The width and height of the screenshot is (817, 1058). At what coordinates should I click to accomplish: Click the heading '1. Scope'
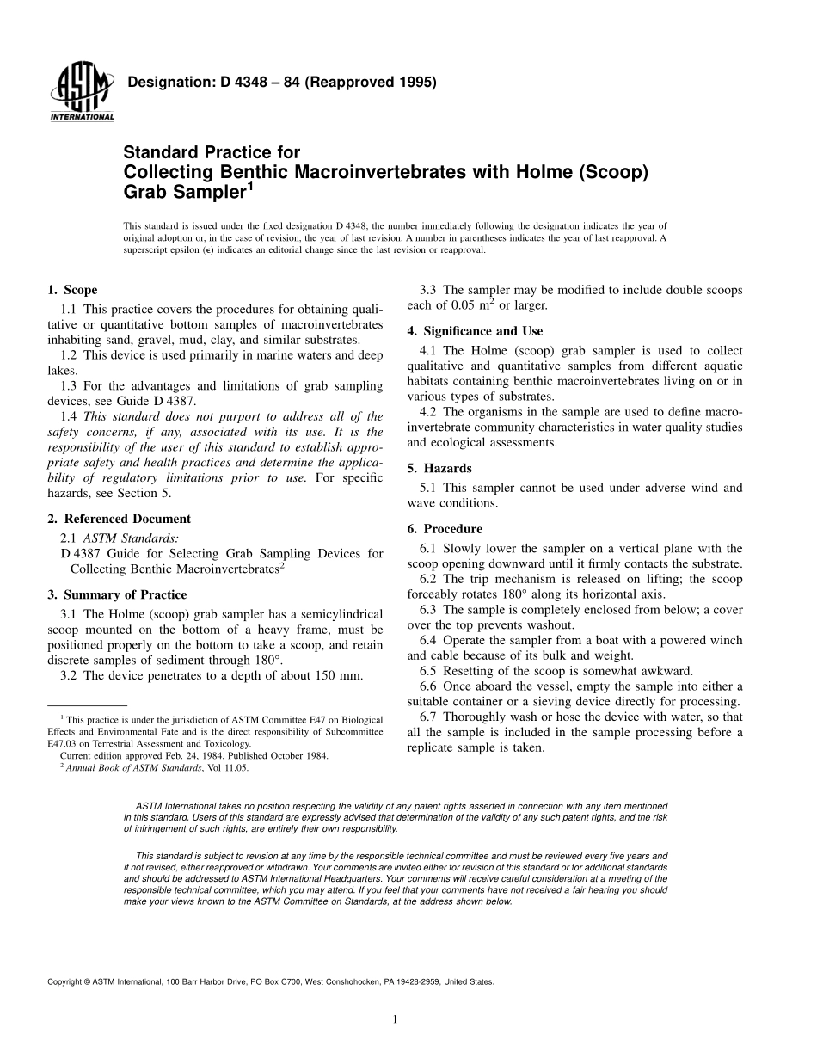[72, 290]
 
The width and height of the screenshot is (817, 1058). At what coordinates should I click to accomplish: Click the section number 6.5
[428, 671]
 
